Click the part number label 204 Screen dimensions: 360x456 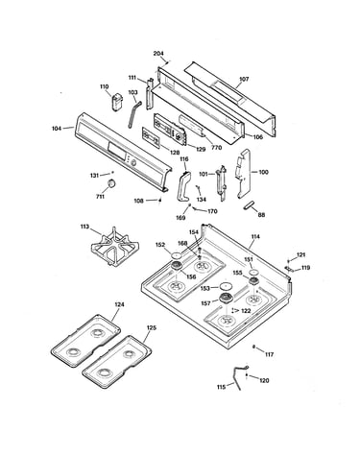point(158,54)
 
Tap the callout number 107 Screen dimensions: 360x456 point(244,79)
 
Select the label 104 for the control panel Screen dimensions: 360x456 point(57,129)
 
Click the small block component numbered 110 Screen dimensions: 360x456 point(117,102)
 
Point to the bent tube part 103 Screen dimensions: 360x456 point(132,113)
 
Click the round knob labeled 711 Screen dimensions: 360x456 point(111,183)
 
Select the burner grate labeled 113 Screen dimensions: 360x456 point(114,247)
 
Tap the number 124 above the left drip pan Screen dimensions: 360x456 point(119,304)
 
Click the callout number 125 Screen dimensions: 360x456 point(152,328)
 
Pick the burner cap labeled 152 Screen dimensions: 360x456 point(177,255)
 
